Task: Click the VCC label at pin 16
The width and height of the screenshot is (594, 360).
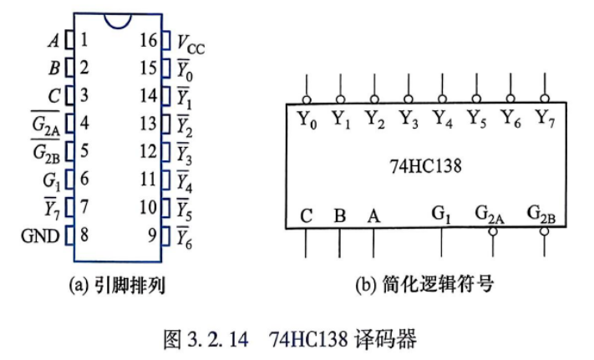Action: (190, 44)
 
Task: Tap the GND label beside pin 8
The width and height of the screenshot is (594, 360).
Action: (40, 236)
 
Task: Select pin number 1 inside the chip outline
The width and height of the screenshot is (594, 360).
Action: (84, 39)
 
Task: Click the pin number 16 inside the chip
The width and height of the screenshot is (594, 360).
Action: (148, 40)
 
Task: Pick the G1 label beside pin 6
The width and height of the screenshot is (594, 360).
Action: (52, 180)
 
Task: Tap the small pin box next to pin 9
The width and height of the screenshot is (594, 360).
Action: (165, 236)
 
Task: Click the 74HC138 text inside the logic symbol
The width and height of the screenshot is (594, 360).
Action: (426, 166)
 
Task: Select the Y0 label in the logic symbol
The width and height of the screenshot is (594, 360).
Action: (307, 119)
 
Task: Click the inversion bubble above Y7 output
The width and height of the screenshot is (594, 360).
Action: (545, 99)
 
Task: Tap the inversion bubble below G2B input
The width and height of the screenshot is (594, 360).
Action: (545, 231)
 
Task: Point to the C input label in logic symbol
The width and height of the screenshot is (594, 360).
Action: (306, 216)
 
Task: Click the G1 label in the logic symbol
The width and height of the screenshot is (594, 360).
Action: (441, 215)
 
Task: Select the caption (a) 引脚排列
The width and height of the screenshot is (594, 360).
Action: (118, 285)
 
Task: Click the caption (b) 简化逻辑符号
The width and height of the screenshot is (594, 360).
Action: (424, 284)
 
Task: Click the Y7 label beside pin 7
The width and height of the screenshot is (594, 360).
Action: (52, 208)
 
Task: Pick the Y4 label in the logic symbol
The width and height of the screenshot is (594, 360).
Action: (443, 119)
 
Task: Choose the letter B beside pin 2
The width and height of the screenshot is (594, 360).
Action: (54, 68)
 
